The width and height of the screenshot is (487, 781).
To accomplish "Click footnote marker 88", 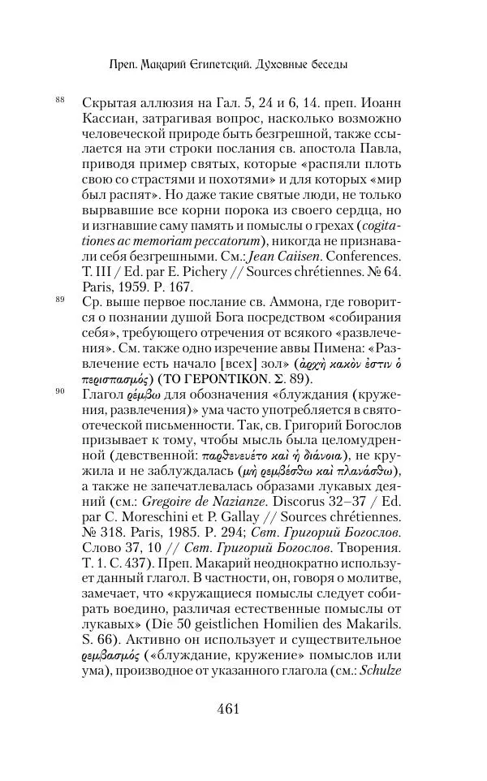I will coord(60,99).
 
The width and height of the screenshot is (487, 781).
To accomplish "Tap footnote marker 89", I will coord(60,300).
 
